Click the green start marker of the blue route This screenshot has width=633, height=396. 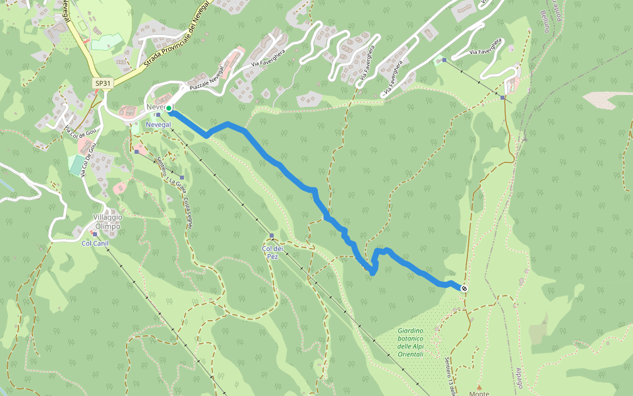[169, 108]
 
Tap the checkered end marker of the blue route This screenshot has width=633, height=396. [465, 288]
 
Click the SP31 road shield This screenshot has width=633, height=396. [103, 83]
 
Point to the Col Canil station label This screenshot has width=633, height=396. [94, 243]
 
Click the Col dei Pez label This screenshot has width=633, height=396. [272, 252]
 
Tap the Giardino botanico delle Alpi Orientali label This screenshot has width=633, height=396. [419, 343]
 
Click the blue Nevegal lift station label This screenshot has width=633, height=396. [158, 124]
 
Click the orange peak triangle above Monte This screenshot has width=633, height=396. [479, 387]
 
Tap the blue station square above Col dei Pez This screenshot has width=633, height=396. [272, 236]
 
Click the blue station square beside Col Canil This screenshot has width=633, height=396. [95, 234]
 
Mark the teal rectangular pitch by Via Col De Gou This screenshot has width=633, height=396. [76, 165]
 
